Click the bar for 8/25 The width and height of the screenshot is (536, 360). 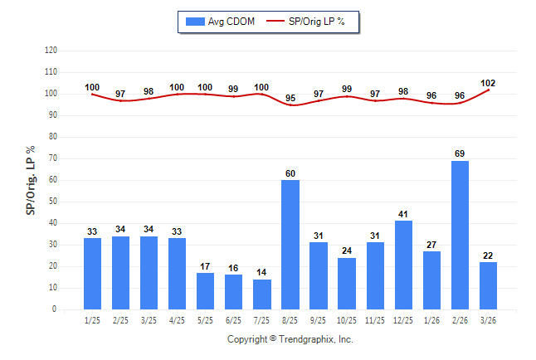click(x=290, y=245)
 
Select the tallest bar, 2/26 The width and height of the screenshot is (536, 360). click(x=460, y=235)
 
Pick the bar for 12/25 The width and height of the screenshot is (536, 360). click(x=403, y=265)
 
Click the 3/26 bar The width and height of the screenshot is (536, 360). click(x=488, y=285)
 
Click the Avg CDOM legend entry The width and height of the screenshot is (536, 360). click(x=221, y=21)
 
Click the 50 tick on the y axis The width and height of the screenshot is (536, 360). click(x=53, y=202)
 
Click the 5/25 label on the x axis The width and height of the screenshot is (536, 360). click(x=206, y=319)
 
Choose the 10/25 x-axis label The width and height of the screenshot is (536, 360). click(x=347, y=319)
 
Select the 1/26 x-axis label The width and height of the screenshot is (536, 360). click(x=431, y=319)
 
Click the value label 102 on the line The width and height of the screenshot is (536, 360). click(x=488, y=82)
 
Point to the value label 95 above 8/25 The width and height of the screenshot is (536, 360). click(x=290, y=99)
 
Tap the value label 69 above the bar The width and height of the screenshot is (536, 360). click(x=460, y=153)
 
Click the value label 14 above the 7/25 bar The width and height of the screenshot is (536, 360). click(x=262, y=272)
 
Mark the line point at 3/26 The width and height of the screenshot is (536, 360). click(x=488, y=90)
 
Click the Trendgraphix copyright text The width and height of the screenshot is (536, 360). click(x=290, y=339)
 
